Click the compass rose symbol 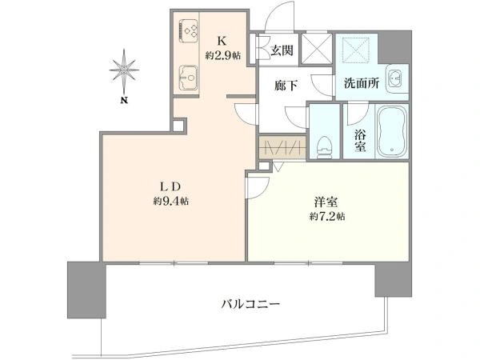[125, 70]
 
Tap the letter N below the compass [125, 101]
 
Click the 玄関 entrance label [281, 50]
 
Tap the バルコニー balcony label [250, 305]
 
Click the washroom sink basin [394, 78]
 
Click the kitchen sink [189, 77]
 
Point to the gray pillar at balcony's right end [391, 277]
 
